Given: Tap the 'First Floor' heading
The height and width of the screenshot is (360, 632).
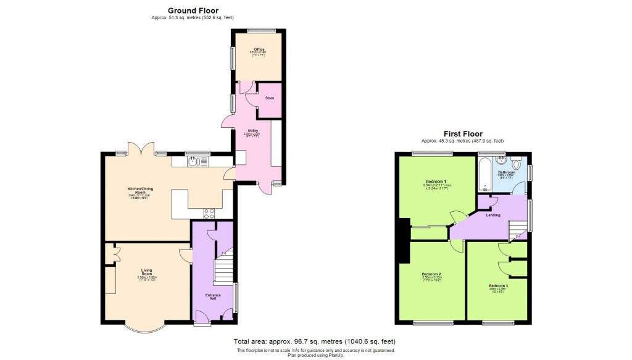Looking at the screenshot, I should pyautogui.click(x=463, y=133).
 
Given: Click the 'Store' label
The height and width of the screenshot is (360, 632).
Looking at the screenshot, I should pyautogui.click(x=270, y=98).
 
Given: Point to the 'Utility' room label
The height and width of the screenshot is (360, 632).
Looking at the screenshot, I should pyautogui.click(x=253, y=131).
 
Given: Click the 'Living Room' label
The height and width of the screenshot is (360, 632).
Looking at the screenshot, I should pyautogui.click(x=146, y=270).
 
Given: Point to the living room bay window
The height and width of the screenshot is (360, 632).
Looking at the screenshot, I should pyautogui.click(x=147, y=328).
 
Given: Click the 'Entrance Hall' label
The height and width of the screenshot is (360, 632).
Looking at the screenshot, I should pyautogui.click(x=213, y=297).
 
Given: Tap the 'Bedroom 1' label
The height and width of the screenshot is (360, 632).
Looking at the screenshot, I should pyautogui.click(x=436, y=181).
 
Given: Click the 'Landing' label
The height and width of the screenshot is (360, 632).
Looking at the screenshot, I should pyautogui.click(x=492, y=215).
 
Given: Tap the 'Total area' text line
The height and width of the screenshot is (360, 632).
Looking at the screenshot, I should pyautogui.click(x=314, y=341).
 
